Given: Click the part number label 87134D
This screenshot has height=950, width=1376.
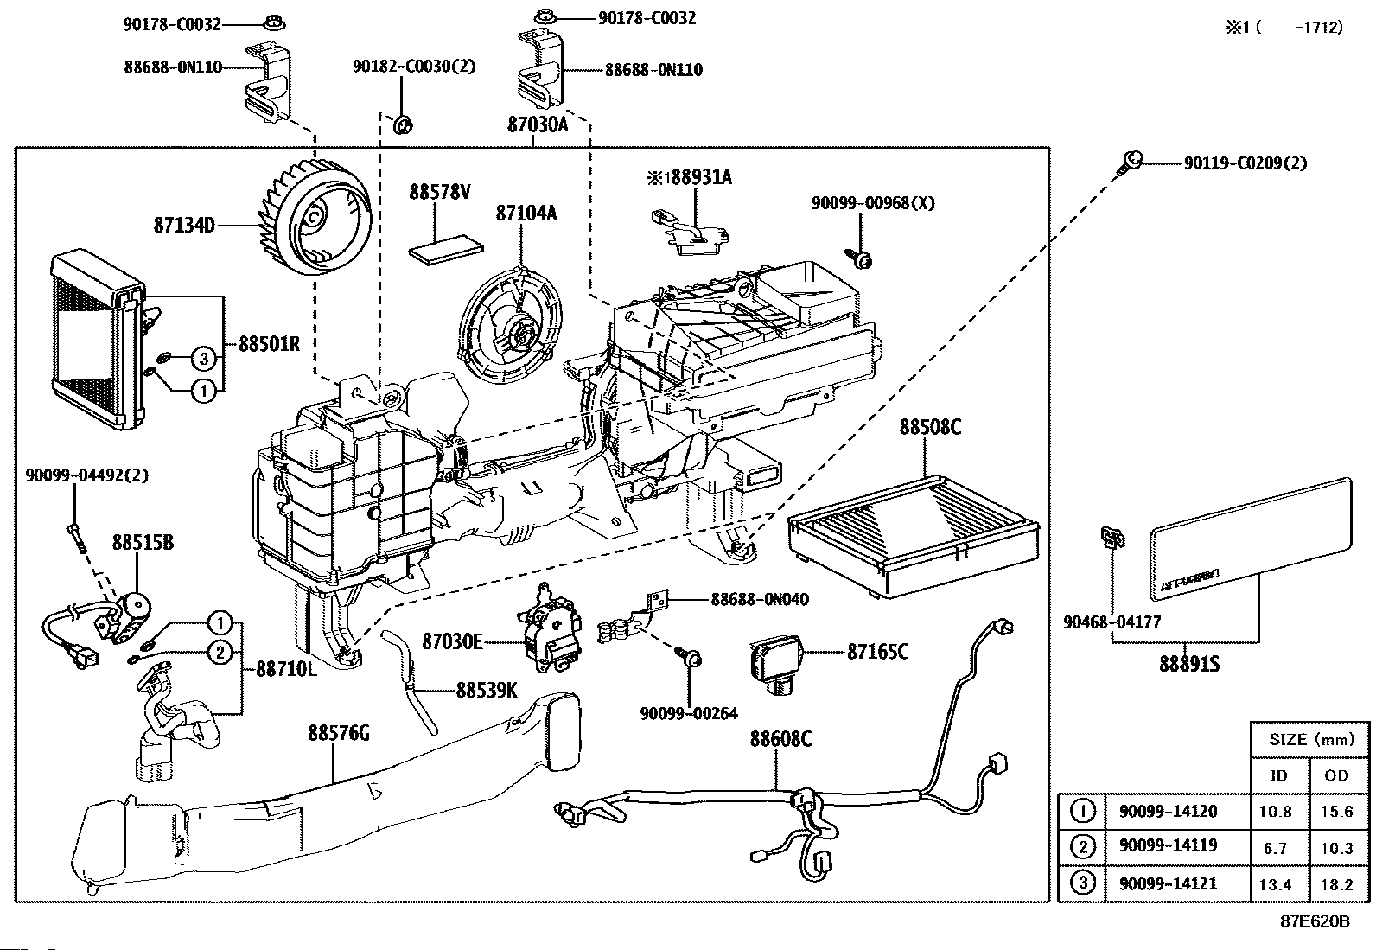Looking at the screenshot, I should pos(184,226).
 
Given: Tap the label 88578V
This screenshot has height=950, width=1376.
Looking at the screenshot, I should pos(439,192).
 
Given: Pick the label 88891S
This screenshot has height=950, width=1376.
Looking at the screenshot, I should pos(1189,665).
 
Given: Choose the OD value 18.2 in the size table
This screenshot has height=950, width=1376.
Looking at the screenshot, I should pos(1336,884).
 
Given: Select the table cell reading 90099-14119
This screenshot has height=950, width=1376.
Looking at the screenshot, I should pos(1167,846).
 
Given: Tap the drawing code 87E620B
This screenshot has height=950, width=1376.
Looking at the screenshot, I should pos(1315,921).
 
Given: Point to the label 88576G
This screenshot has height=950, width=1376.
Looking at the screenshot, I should pos(338,733).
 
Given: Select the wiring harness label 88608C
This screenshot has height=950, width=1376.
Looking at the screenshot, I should pos(780,739).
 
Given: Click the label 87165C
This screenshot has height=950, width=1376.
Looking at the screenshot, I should pos(877,651).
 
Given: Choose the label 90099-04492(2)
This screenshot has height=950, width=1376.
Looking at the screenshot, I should pos(87,475).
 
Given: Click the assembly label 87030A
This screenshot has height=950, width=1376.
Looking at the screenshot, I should pos(537,124).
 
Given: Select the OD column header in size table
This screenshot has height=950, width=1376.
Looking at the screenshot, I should pos(1336,775).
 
